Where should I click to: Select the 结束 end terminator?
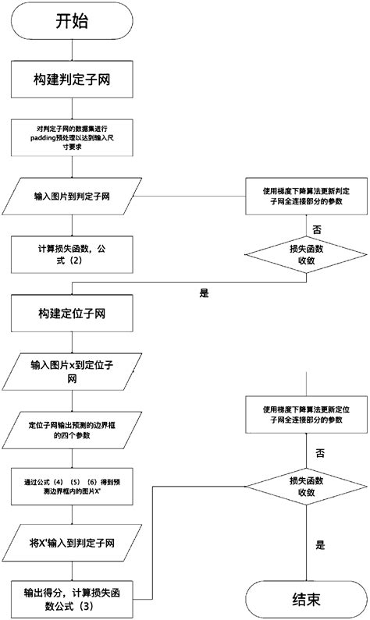point(304,600)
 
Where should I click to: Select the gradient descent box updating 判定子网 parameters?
point(306,195)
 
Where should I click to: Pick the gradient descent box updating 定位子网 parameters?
point(306,414)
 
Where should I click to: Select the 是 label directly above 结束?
point(320,547)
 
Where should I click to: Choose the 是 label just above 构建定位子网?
point(205,294)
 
